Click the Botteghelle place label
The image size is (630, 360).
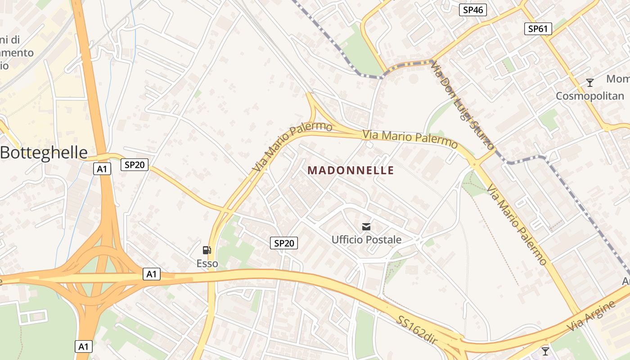point(44,153)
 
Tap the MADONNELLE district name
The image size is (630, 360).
point(351,171)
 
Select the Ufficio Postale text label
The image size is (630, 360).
point(366,239)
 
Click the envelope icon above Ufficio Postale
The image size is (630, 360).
point(366,226)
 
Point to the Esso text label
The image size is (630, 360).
point(207,264)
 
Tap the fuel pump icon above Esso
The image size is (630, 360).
point(207,250)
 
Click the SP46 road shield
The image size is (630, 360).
point(472,10)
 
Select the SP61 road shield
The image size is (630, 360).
point(538,29)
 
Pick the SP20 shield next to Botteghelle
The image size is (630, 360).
point(134,165)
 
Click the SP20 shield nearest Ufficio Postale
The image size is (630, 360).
point(284,243)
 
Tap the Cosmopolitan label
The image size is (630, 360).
point(590,96)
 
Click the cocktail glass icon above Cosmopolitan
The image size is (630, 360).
point(589,83)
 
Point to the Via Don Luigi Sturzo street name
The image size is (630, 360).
point(462,106)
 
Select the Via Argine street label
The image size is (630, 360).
point(591,316)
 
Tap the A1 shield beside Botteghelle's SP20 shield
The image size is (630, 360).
point(102,169)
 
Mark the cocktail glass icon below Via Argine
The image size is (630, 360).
point(545,351)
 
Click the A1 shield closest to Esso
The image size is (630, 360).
point(152,274)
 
